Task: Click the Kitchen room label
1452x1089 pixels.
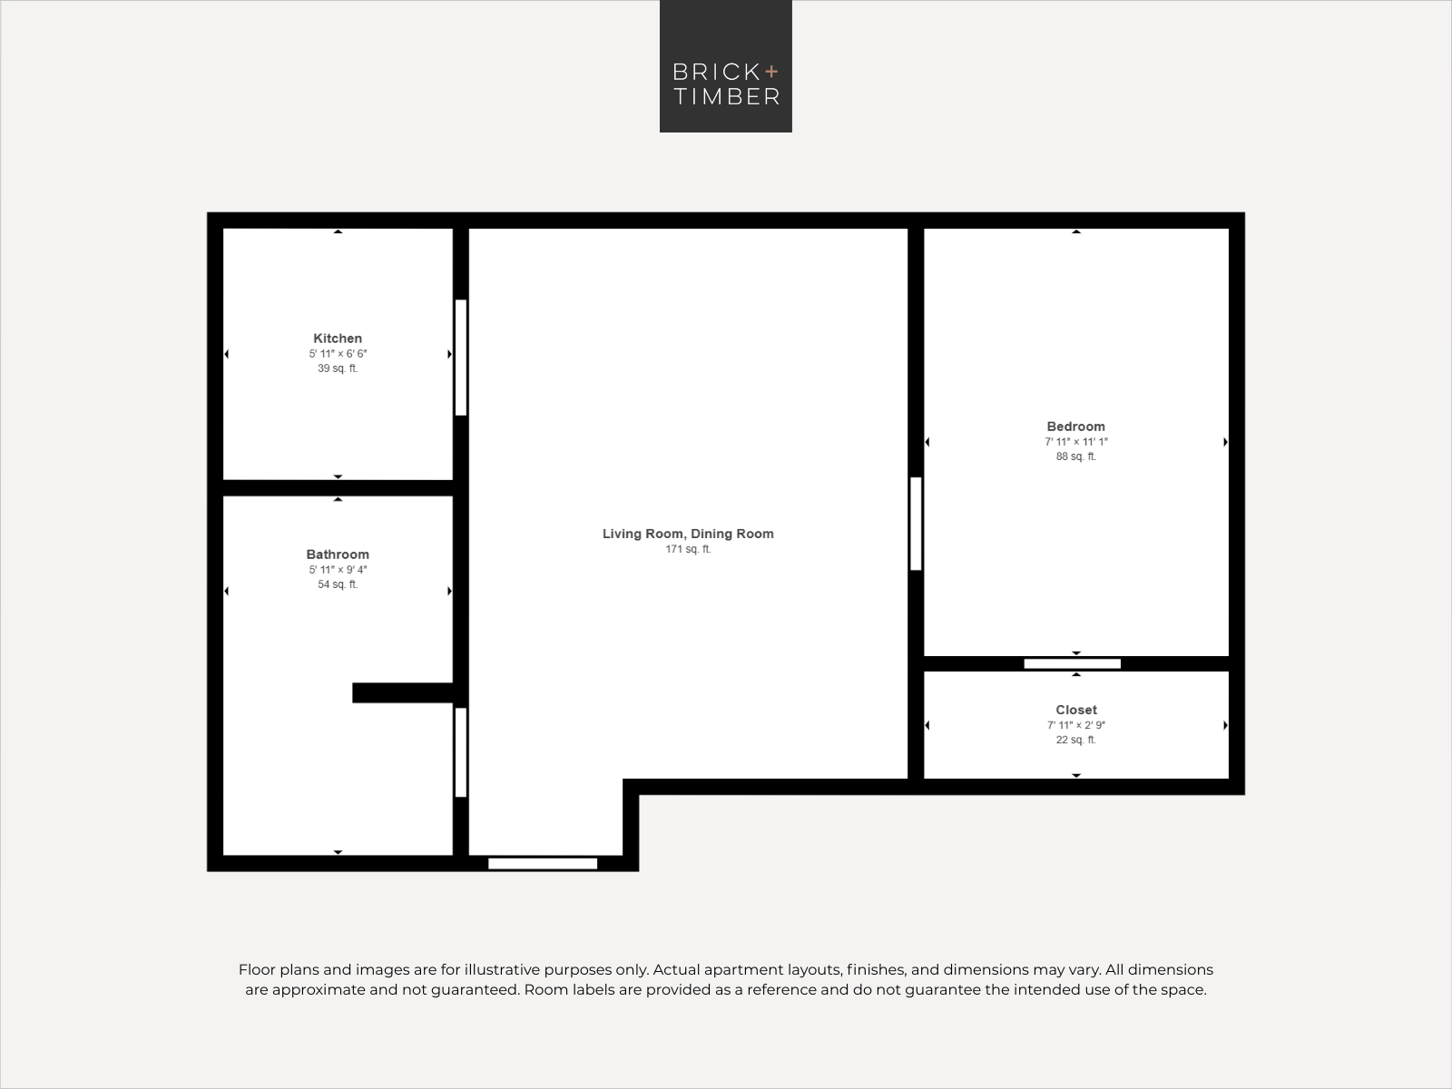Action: [338, 338]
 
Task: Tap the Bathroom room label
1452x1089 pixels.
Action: [338, 554]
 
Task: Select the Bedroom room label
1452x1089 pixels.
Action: [1075, 427]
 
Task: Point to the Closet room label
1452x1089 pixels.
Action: [1076, 711]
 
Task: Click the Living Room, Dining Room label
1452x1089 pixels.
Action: [688, 534]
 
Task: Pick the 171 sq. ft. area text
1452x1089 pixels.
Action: [688, 549]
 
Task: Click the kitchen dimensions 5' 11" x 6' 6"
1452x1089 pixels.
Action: [338, 354]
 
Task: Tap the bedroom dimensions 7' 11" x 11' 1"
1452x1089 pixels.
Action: [1076, 442]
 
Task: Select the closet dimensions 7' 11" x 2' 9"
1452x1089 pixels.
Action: [1076, 725]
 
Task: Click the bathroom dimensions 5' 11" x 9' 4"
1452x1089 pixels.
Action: [338, 570]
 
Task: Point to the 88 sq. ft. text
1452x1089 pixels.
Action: [1076, 456]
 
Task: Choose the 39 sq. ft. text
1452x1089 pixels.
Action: [338, 368]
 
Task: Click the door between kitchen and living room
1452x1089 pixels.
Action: [461, 358]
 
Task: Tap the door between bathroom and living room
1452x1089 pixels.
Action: [461, 752]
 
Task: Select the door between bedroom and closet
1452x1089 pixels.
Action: [1073, 664]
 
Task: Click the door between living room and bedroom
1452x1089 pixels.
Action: [916, 524]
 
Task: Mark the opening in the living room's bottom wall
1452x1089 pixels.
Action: [543, 864]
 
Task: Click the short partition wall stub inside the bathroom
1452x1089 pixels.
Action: [403, 693]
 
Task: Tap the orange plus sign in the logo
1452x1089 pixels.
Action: [771, 71]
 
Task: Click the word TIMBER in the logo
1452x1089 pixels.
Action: [726, 96]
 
